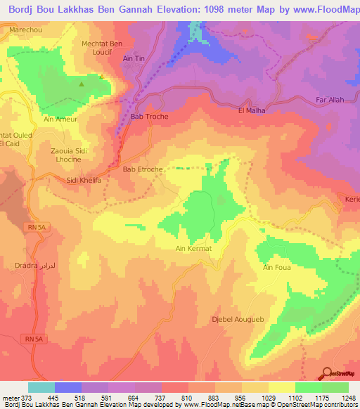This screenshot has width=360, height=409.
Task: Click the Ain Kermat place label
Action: [193, 249]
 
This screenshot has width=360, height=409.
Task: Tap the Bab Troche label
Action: [150, 117]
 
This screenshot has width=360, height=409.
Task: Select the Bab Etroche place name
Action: [143, 169]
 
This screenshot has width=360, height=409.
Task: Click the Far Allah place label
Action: [330, 100]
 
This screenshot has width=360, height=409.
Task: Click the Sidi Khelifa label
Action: [84, 180]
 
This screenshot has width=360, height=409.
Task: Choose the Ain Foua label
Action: [277, 267]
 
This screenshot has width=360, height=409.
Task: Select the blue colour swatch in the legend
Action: [68, 387]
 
